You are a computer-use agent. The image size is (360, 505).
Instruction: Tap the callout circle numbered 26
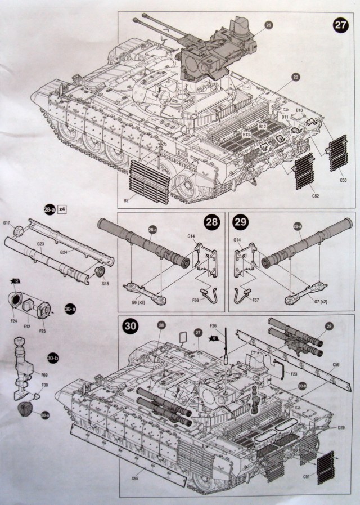(268, 25)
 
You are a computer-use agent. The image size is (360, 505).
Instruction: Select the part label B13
(246, 135)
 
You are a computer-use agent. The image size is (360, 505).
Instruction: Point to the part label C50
(343, 180)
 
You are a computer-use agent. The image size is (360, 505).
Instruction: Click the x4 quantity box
(62, 209)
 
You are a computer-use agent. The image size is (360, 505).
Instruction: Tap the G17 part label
(7, 224)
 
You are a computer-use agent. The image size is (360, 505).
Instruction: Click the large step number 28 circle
(211, 223)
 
